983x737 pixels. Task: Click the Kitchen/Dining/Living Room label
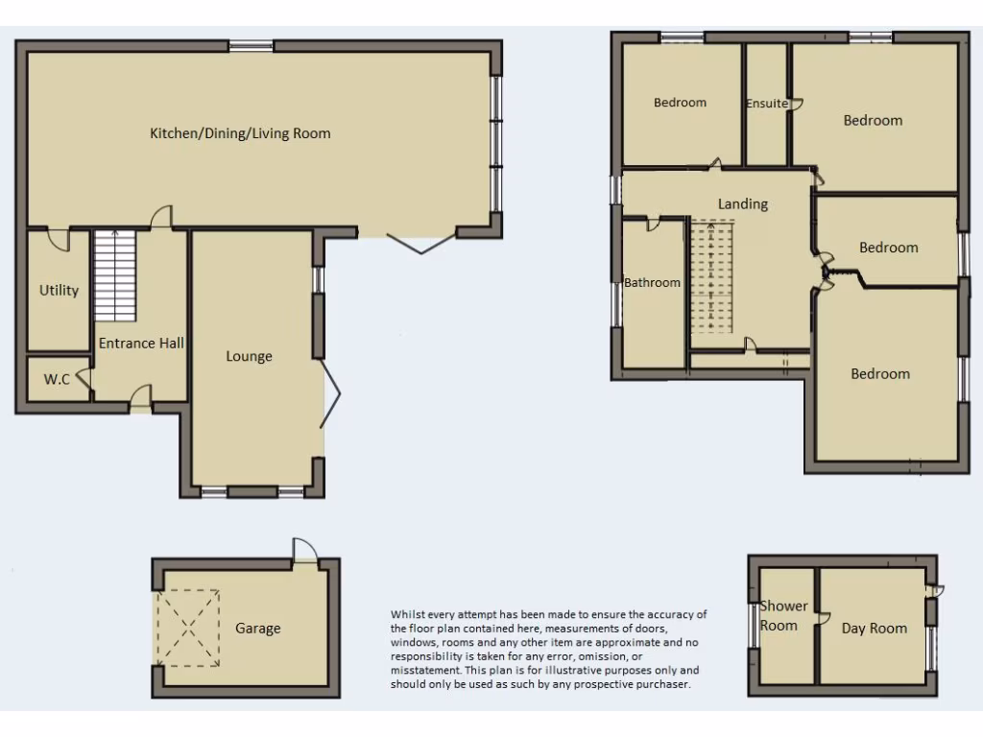click(240, 133)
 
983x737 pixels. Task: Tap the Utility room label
click(59, 290)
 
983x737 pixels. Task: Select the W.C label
click(57, 379)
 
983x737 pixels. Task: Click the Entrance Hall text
click(141, 343)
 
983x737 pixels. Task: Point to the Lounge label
click(249, 356)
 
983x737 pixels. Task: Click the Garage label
click(258, 628)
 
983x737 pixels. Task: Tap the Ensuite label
click(766, 104)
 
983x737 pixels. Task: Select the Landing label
click(743, 203)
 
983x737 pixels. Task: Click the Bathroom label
click(653, 282)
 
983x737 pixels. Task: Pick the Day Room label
click(874, 628)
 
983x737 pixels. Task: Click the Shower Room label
click(783, 615)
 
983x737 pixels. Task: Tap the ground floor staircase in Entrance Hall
click(115, 275)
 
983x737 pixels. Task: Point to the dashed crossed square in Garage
click(188, 628)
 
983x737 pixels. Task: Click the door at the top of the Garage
click(303, 550)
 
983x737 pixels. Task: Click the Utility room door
click(59, 238)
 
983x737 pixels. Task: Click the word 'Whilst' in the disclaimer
click(407, 614)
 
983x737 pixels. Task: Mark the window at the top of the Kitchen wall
click(251, 45)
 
